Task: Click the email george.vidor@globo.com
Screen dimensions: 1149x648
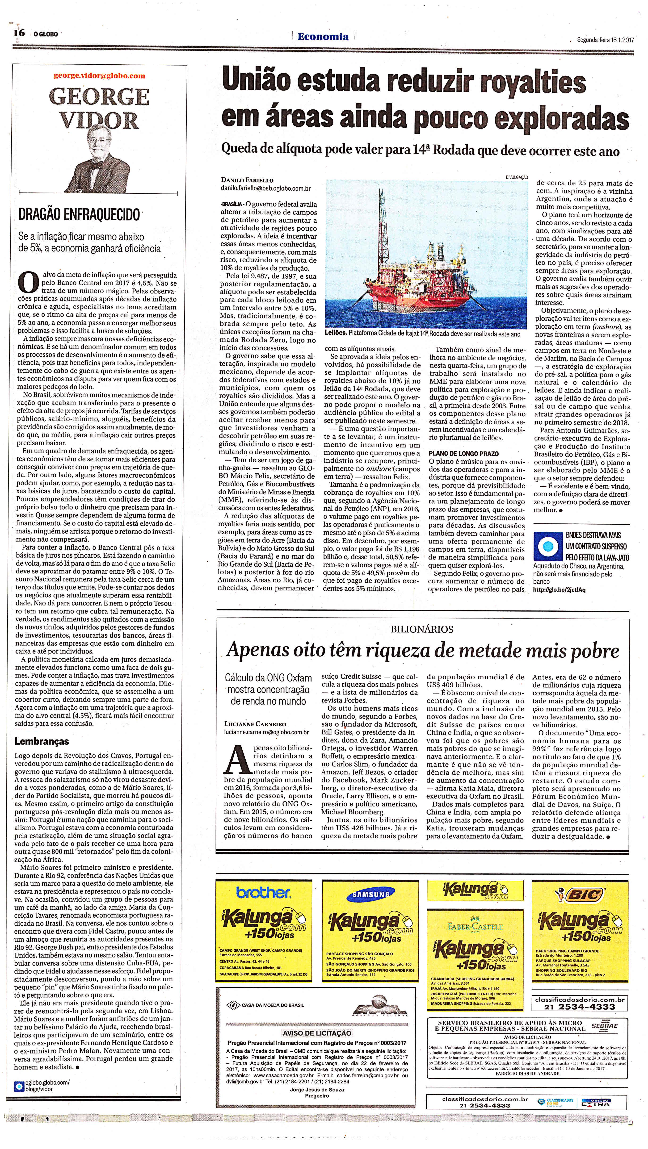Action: click(x=100, y=75)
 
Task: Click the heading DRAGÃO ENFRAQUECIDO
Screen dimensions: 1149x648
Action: click(x=79, y=215)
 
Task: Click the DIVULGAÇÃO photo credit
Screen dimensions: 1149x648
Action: click(x=517, y=177)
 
